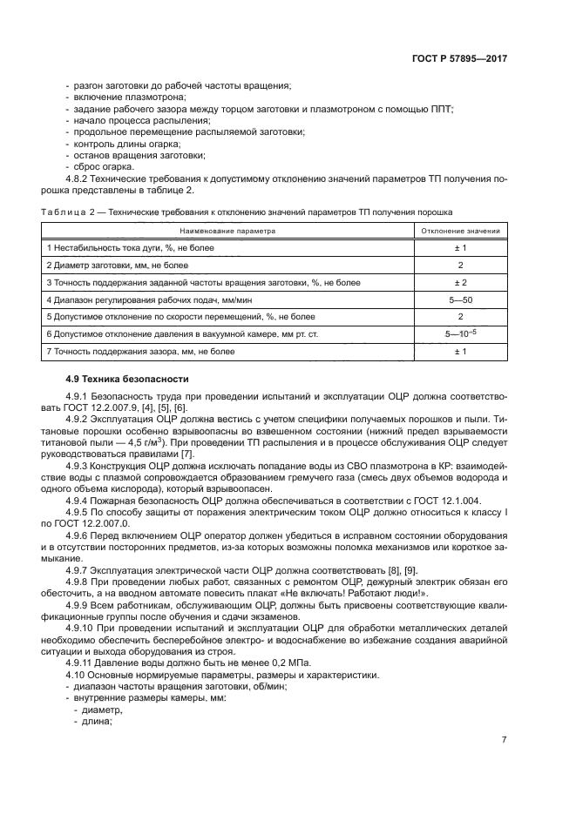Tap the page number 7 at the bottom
click(505, 740)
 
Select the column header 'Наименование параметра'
click(227, 232)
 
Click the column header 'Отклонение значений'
click(460, 232)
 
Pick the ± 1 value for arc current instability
click(460, 248)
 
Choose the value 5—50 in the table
click(460, 299)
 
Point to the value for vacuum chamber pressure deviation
click(460, 333)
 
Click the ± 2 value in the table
click(460, 283)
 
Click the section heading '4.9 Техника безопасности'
click(118, 380)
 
